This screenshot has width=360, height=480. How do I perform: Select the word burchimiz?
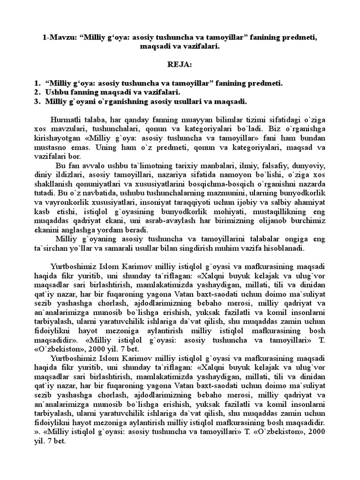click(x=295, y=220)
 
